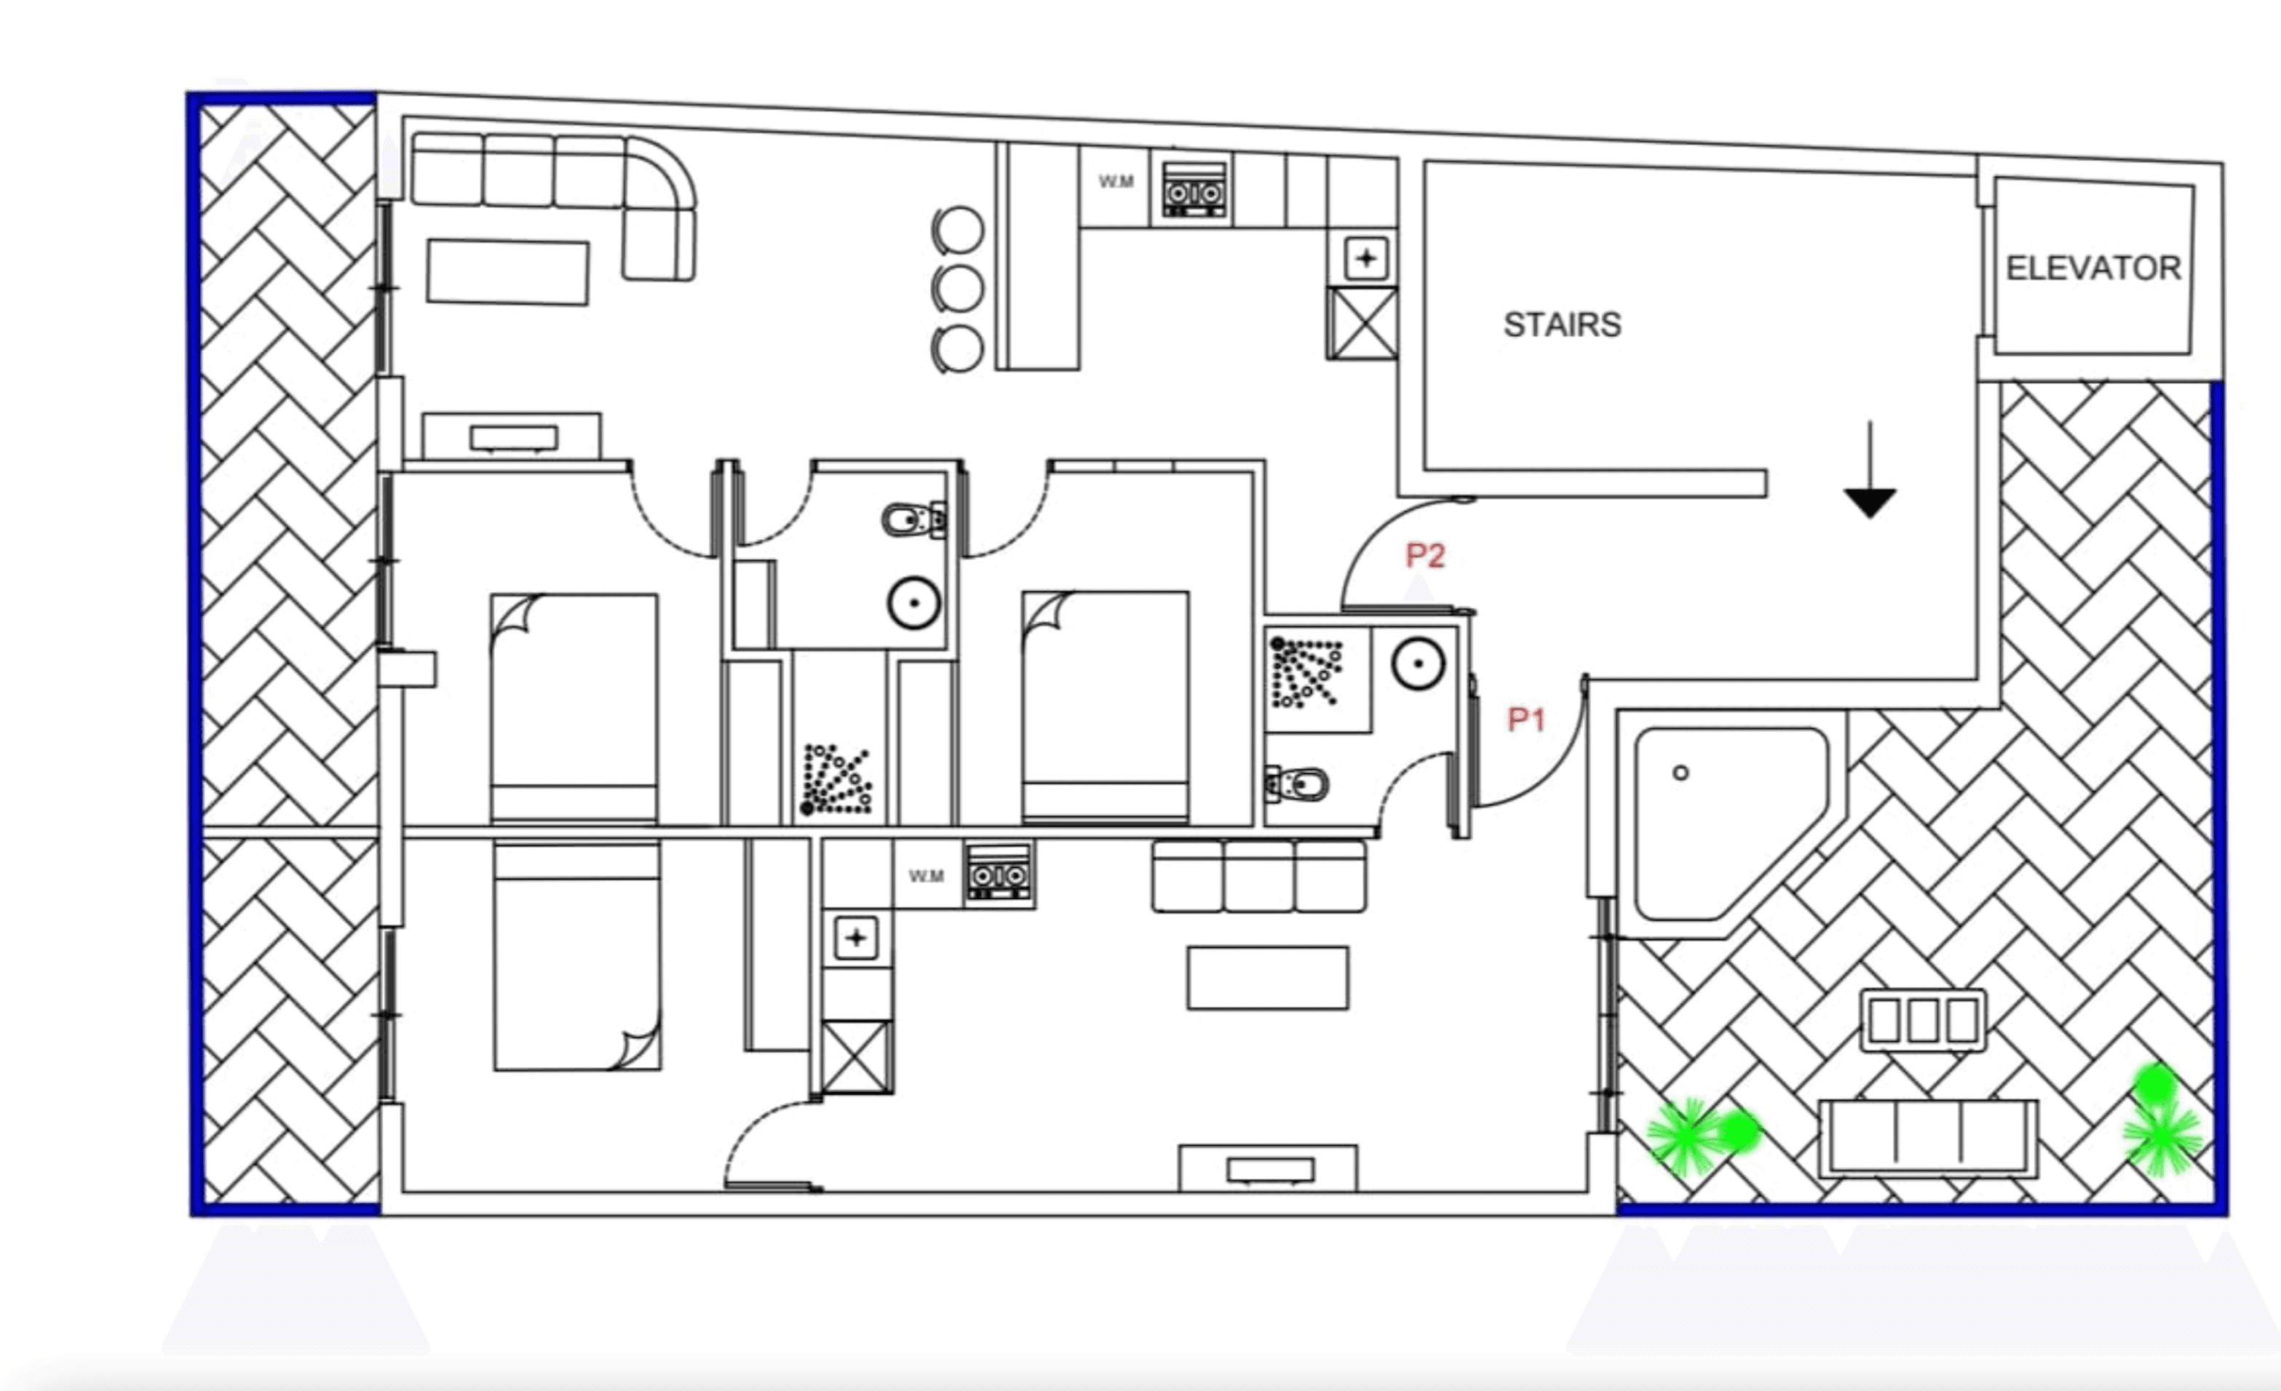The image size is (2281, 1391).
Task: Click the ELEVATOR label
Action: pos(2093,268)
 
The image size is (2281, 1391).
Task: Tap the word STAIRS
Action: pos(1563,325)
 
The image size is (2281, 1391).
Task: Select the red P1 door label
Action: pos(1526,719)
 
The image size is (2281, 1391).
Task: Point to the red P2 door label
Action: pos(1426,555)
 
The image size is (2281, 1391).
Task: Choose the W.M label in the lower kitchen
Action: pos(927,875)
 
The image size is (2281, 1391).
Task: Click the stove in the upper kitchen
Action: pos(1195,190)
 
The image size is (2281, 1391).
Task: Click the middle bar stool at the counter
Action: pos(957,289)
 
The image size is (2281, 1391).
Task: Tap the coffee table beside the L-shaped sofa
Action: pos(507,272)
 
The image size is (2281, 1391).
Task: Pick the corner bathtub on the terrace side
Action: pos(1731,824)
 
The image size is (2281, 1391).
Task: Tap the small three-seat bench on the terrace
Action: pos(1924,1021)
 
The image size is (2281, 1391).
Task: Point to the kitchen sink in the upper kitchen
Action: pos(1366,258)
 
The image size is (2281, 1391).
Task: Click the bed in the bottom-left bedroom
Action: pos(578,956)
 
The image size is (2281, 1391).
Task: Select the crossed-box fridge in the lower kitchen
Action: pos(857,1057)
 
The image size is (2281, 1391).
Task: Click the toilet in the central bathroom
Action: pos(913,519)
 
